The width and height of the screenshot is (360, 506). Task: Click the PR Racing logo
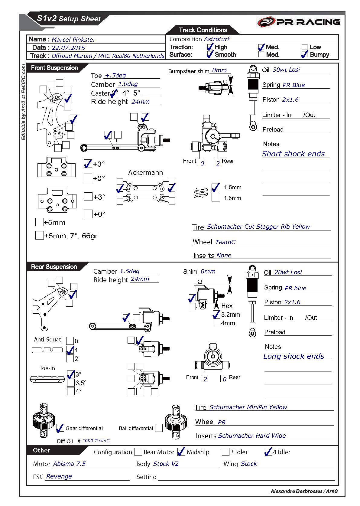coord(299,22)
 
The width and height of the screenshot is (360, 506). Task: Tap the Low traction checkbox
coord(304,47)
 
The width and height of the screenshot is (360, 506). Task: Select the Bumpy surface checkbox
coord(304,55)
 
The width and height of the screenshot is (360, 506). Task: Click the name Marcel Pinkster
coord(73,40)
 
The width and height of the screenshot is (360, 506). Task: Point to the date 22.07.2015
coord(68,48)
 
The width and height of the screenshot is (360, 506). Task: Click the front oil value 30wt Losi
coord(286,70)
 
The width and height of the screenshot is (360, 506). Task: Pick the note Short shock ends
coord(293,154)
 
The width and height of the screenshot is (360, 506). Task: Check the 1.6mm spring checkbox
coord(216,198)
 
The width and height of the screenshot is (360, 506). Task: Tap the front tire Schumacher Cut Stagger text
coord(258,227)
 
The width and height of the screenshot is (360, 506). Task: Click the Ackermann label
coord(145,173)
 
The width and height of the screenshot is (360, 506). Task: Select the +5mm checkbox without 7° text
coord(39,222)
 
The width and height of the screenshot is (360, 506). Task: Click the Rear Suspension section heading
coord(54,267)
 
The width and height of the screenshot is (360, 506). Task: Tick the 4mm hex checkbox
coord(216,323)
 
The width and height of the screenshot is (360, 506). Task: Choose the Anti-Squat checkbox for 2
coord(70,358)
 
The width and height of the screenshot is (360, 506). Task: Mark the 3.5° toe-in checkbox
coord(71,383)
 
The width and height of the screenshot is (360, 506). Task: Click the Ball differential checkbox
coord(159,428)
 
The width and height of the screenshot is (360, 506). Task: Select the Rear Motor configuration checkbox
coord(138,452)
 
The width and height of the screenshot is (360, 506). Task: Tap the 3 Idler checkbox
coord(225,452)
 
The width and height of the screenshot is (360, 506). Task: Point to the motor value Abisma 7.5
coord(69,464)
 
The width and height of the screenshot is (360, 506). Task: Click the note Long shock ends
coord(294,356)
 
